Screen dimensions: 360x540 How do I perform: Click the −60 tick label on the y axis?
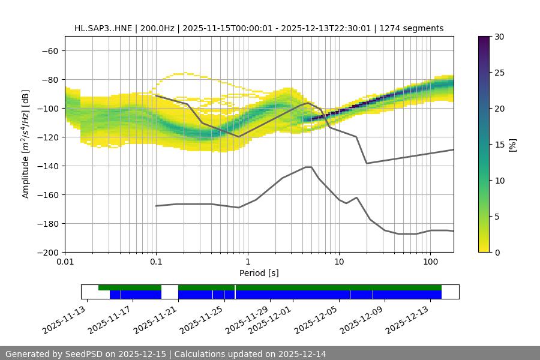pyautogui.click(x=50, y=50)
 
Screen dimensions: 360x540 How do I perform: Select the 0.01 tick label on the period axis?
pyautogui.click(x=65, y=262)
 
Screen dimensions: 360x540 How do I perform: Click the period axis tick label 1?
pyautogui.click(x=247, y=262)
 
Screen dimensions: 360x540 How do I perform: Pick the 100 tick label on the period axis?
pyautogui.click(x=430, y=262)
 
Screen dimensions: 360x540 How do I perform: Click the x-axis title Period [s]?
pyautogui.click(x=259, y=273)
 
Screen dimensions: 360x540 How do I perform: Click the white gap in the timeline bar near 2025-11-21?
pyautogui.click(x=170, y=292)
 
